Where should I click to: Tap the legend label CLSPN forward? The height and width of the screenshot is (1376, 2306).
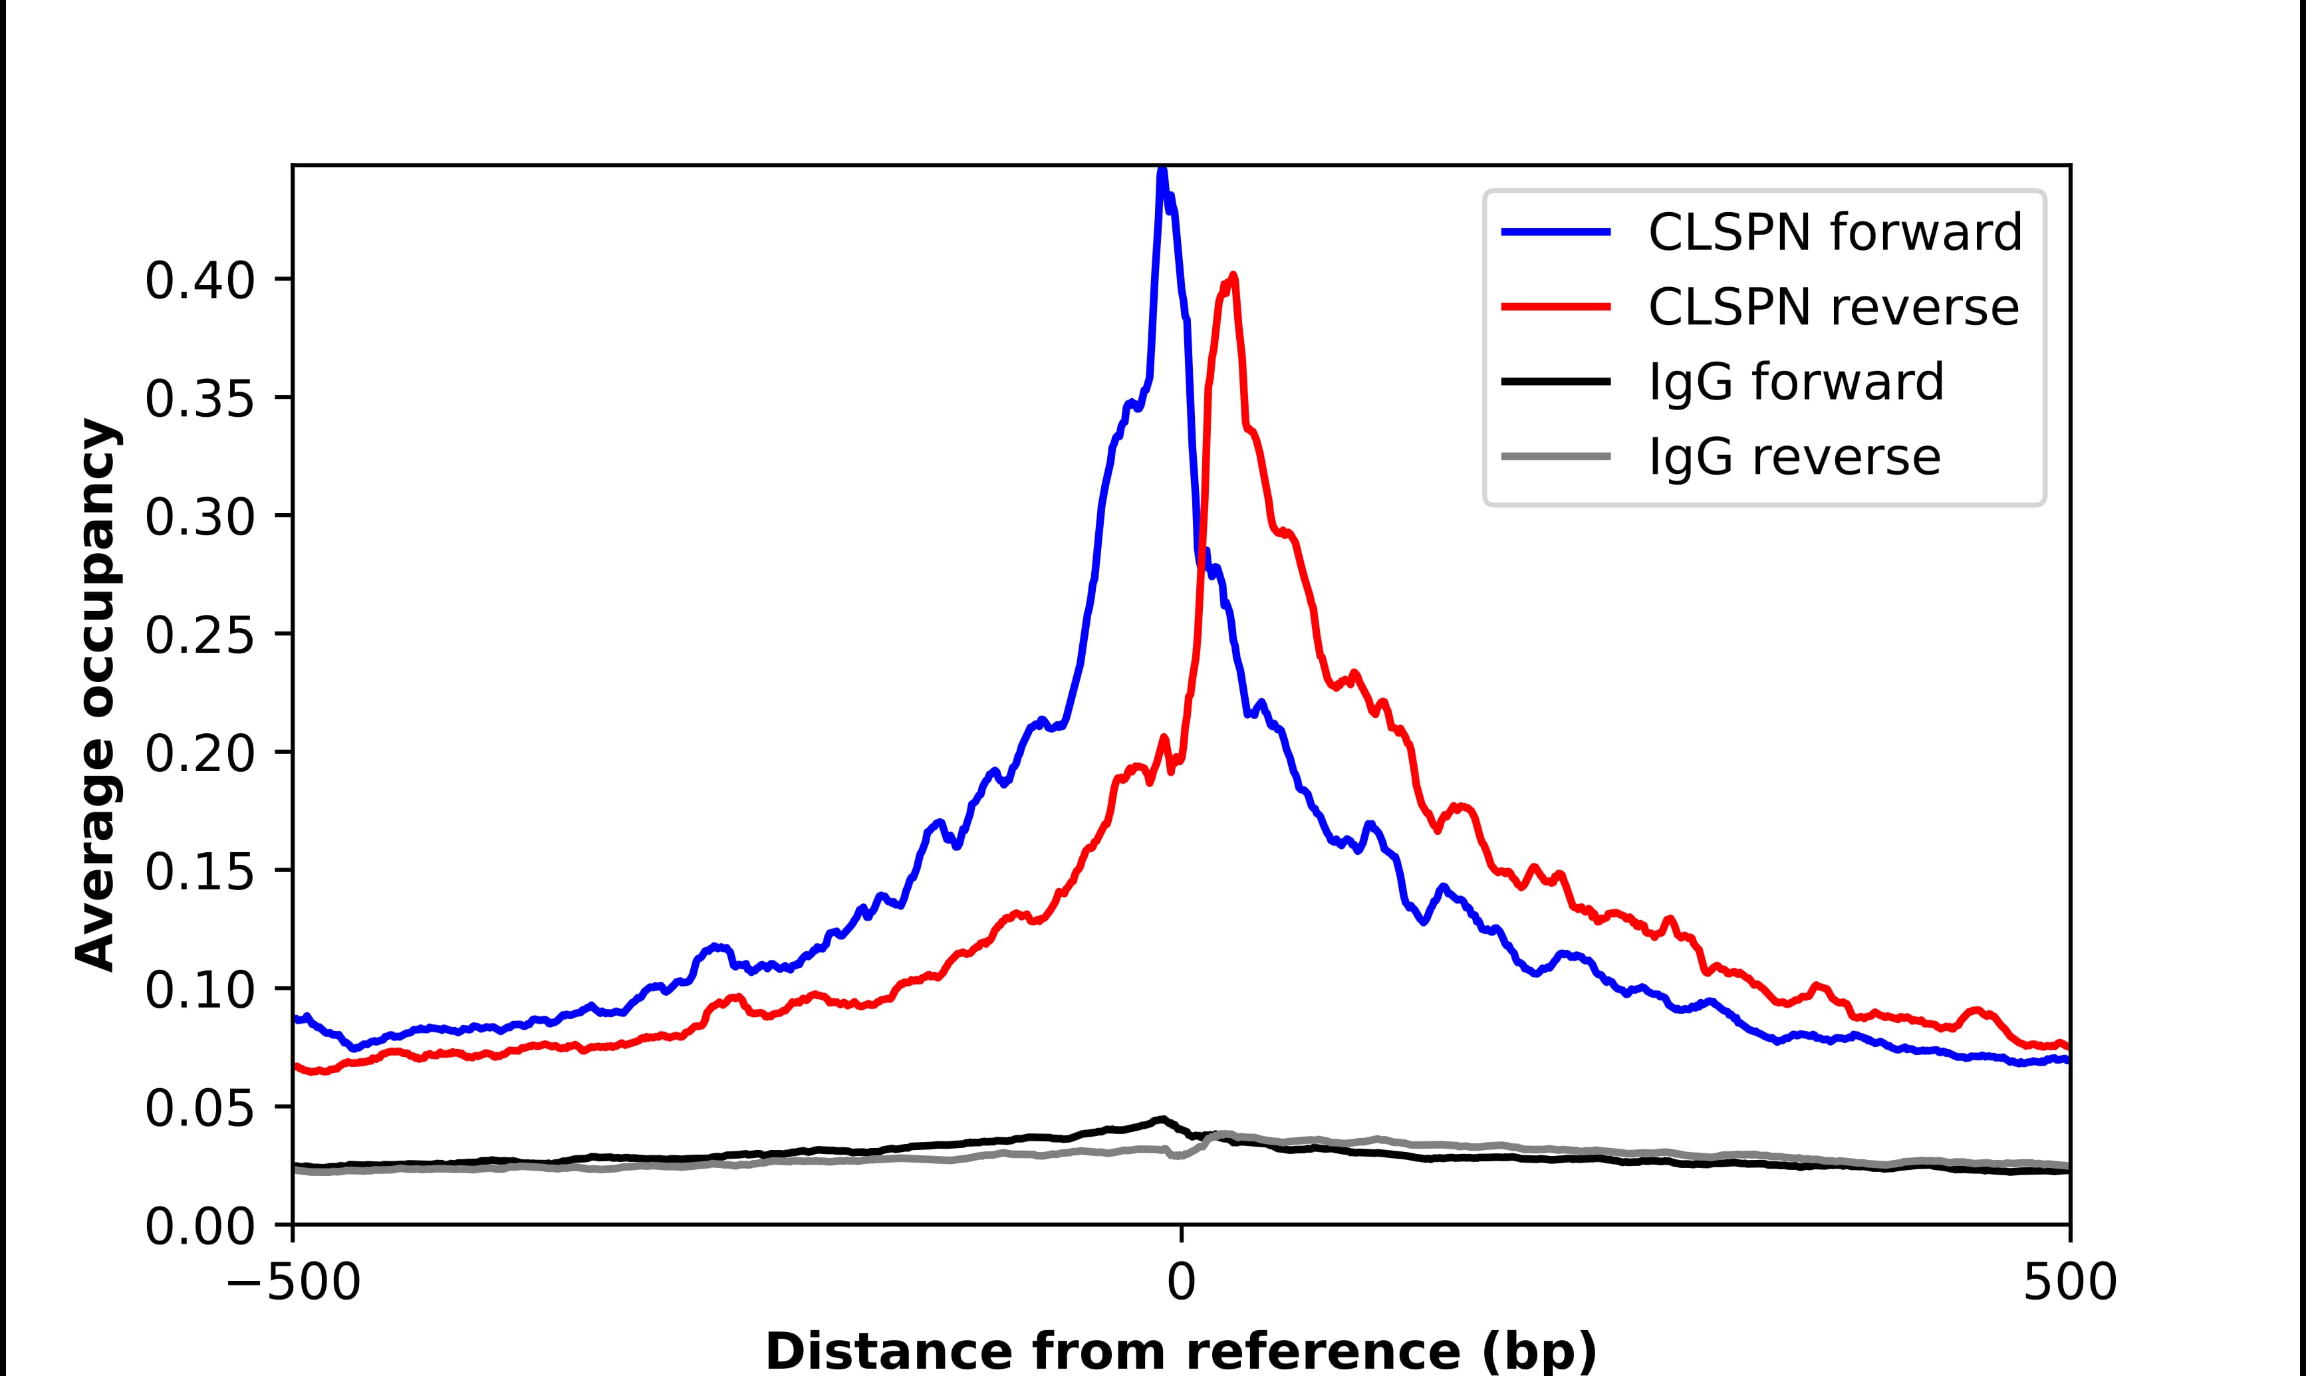coord(1834,232)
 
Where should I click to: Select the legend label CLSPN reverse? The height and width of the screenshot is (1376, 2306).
coord(1832,307)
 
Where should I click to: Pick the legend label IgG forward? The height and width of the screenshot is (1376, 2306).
coord(1795,381)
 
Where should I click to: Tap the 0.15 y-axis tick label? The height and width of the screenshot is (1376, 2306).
coord(199,871)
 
